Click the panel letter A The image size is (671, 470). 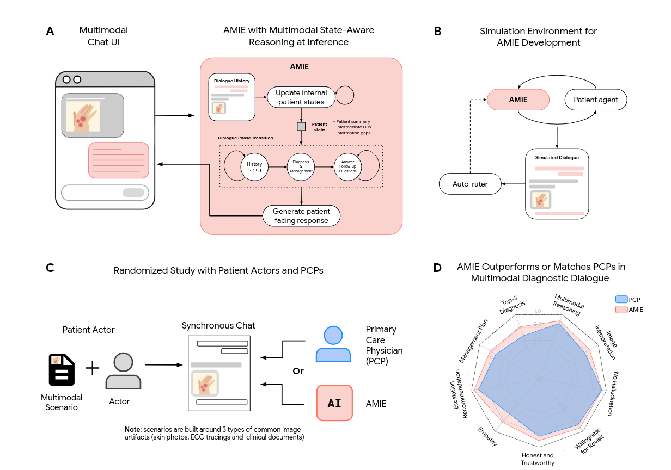pyautogui.click(x=50, y=32)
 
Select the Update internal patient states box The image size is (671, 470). pyautogui.click(x=301, y=97)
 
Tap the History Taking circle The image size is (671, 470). pyautogui.click(x=254, y=167)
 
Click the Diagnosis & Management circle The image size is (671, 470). pyautogui.click(x=301, y=167)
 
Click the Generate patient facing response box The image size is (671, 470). pyautogui.click(x=301, y=215)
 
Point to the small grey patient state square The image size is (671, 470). pyautogui.click(x=301, y=126)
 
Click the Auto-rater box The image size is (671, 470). pyautogui.click(x=470, y=184)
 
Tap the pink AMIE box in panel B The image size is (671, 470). pyautogui.click(x=517, y=100)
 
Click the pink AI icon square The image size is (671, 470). pyautogui.click(x=334, y=403)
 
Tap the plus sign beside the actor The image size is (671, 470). pyautogui.click(x=93, y=368)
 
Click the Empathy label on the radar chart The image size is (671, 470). pyautogui.click(x=487, y=436)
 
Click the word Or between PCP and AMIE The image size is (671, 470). pyautogui.click(x=298, y=371)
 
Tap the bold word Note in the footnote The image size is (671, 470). pyautogui.click(x=133, y=430)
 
